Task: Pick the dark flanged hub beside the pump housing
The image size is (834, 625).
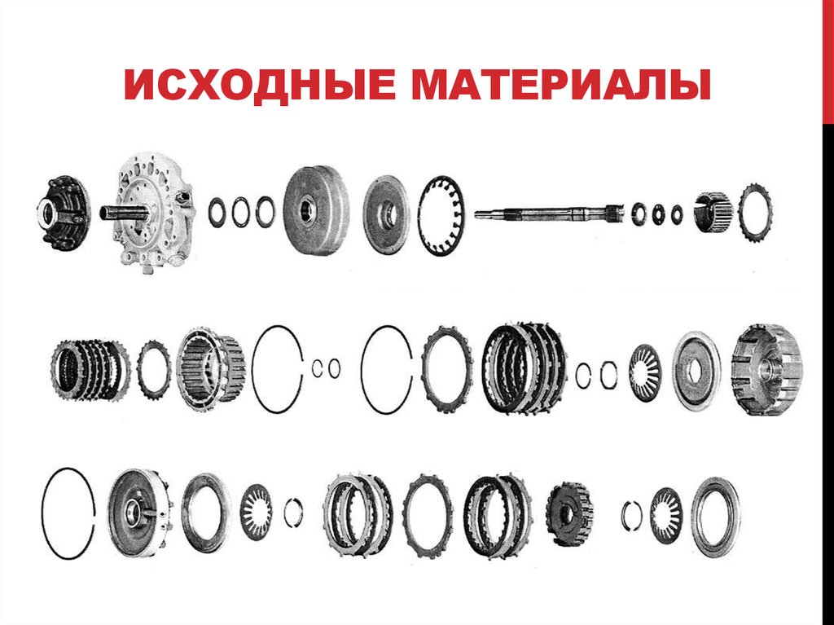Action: coord(64,212)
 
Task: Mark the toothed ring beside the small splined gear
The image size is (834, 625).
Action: coord(756,211)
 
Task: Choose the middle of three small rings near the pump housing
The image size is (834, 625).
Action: coord(240,212)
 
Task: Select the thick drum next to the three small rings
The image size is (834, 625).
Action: coord(314,211)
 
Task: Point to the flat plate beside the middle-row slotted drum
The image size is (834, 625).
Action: coord(696,370)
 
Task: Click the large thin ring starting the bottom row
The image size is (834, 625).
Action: coord(68,513)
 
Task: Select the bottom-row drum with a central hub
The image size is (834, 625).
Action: coord(138,513)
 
